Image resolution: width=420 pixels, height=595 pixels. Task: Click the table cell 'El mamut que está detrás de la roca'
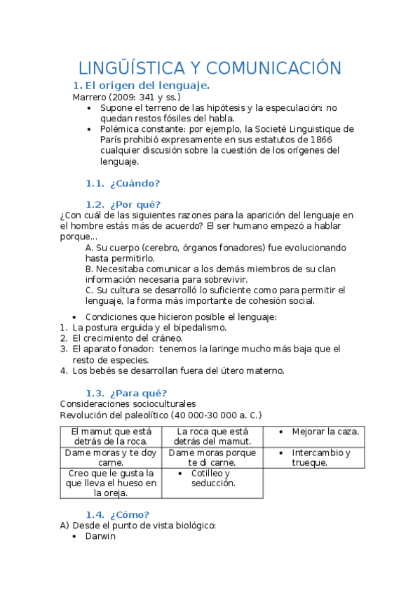point(111,436)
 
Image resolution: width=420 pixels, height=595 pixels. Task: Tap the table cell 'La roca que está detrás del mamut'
point(212,436)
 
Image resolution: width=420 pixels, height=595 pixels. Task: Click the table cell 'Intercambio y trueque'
point(320,457)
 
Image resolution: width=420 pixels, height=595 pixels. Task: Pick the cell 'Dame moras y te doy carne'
point(111,457)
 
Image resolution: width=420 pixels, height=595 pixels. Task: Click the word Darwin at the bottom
point(100,537)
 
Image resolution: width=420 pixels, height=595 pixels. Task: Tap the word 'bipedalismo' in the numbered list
point(198,328)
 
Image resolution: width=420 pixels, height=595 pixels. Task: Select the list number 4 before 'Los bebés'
point(64,370)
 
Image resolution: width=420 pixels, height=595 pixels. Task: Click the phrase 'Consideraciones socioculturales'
point(128,404)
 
